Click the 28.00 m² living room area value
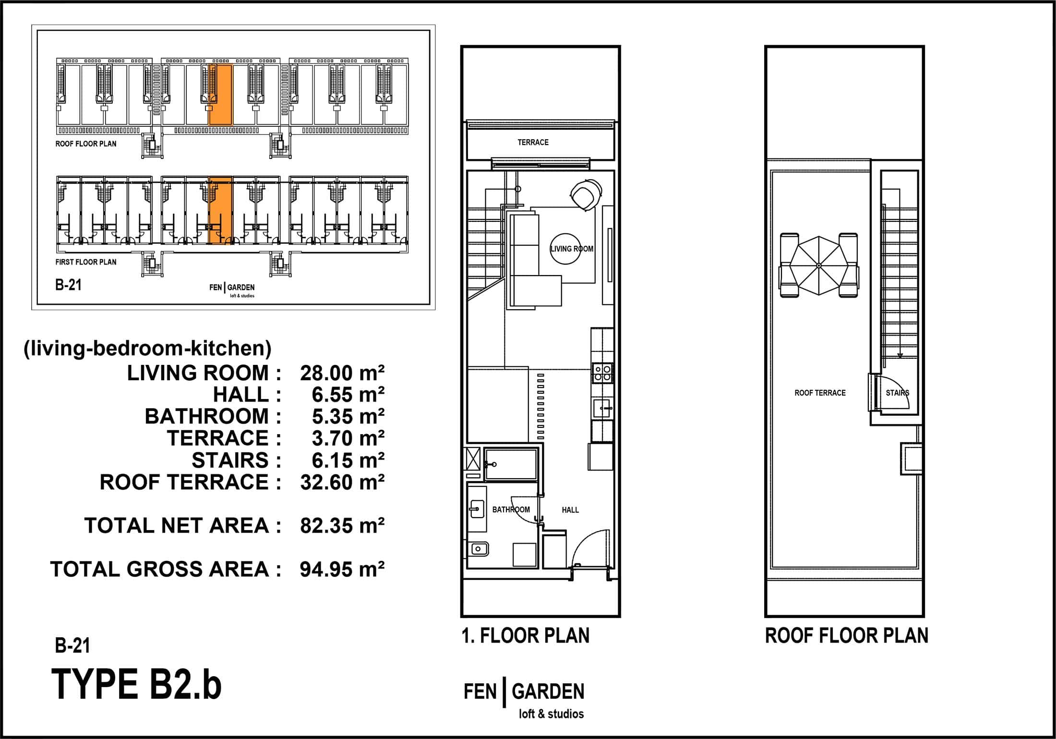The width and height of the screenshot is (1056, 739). (342, 373)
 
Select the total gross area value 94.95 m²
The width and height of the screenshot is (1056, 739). (342, 569)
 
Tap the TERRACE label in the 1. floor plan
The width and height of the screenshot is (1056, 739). (533, 142)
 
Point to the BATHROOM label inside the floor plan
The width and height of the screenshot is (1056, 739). (511, 509)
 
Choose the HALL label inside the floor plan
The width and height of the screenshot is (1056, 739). (570, 510)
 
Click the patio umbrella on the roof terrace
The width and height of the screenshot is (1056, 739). (819, 265)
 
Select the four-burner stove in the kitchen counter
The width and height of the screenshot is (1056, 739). (602, 373)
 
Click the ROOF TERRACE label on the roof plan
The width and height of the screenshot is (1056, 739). (820, 393)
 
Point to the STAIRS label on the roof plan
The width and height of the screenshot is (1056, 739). (897, 393)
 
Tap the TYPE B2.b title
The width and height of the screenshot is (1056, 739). (136, 684)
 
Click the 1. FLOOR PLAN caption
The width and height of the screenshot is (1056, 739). (526, 636)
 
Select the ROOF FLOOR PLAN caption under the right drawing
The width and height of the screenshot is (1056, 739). (847, 636)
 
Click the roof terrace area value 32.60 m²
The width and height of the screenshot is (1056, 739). (342, 482)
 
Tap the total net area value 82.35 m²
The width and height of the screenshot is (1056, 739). (342, 526)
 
